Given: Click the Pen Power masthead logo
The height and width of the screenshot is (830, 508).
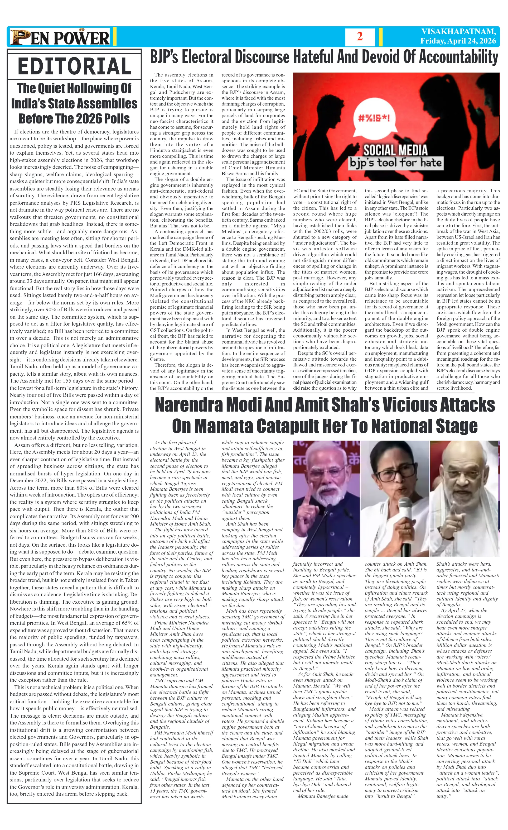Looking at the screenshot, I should pyautogui.click(x=60, y=37).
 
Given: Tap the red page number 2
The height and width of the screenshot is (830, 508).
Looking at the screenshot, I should pyautogui.click(x=360, y=36).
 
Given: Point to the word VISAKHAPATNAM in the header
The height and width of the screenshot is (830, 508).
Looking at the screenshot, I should pyautogui.click(x=458, y=32).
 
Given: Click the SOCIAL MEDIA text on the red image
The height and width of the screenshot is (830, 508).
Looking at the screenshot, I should pyautogui.click(x=395, y=150).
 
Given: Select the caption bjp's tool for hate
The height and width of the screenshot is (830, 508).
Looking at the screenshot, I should pyautogui.click(x=395, y=163).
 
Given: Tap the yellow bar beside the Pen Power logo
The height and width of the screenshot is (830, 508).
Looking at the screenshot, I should pyautogui.click(x=114, y=37).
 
